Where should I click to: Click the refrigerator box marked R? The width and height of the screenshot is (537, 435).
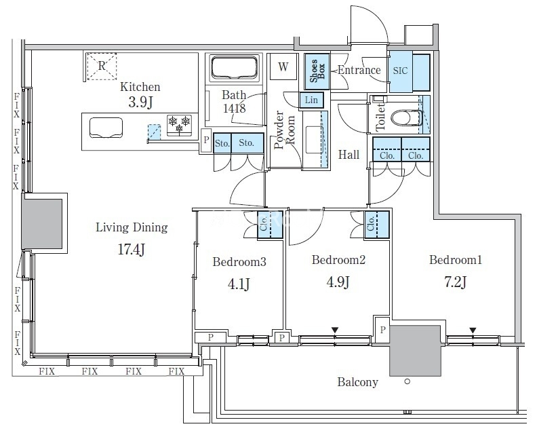(102, 66)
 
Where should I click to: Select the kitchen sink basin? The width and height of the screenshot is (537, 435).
(106, 128)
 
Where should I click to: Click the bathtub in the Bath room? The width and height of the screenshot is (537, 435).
(234, 69)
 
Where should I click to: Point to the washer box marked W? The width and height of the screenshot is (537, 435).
(283, 67)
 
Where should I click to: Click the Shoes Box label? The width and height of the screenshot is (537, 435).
(317, 71)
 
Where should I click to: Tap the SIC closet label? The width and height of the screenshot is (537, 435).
(400, 71)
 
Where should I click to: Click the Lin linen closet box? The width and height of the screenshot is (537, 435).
(311, 100)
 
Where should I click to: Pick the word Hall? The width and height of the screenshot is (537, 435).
(349, 155)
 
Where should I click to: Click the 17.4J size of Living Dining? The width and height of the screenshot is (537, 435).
(132, 249)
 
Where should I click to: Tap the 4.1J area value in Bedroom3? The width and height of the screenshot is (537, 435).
(239, 284)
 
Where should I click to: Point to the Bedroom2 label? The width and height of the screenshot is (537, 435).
(338, 260)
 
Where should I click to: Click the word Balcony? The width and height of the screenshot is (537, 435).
(357, 382)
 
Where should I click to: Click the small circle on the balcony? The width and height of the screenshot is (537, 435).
(407, 381)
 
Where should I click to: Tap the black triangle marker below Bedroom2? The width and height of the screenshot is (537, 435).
(335, 330)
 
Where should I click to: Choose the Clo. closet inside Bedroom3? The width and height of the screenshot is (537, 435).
(270, 225)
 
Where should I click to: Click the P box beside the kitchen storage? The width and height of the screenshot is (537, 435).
(206, 140)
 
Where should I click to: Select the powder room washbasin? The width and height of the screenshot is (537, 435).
(315, 140)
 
